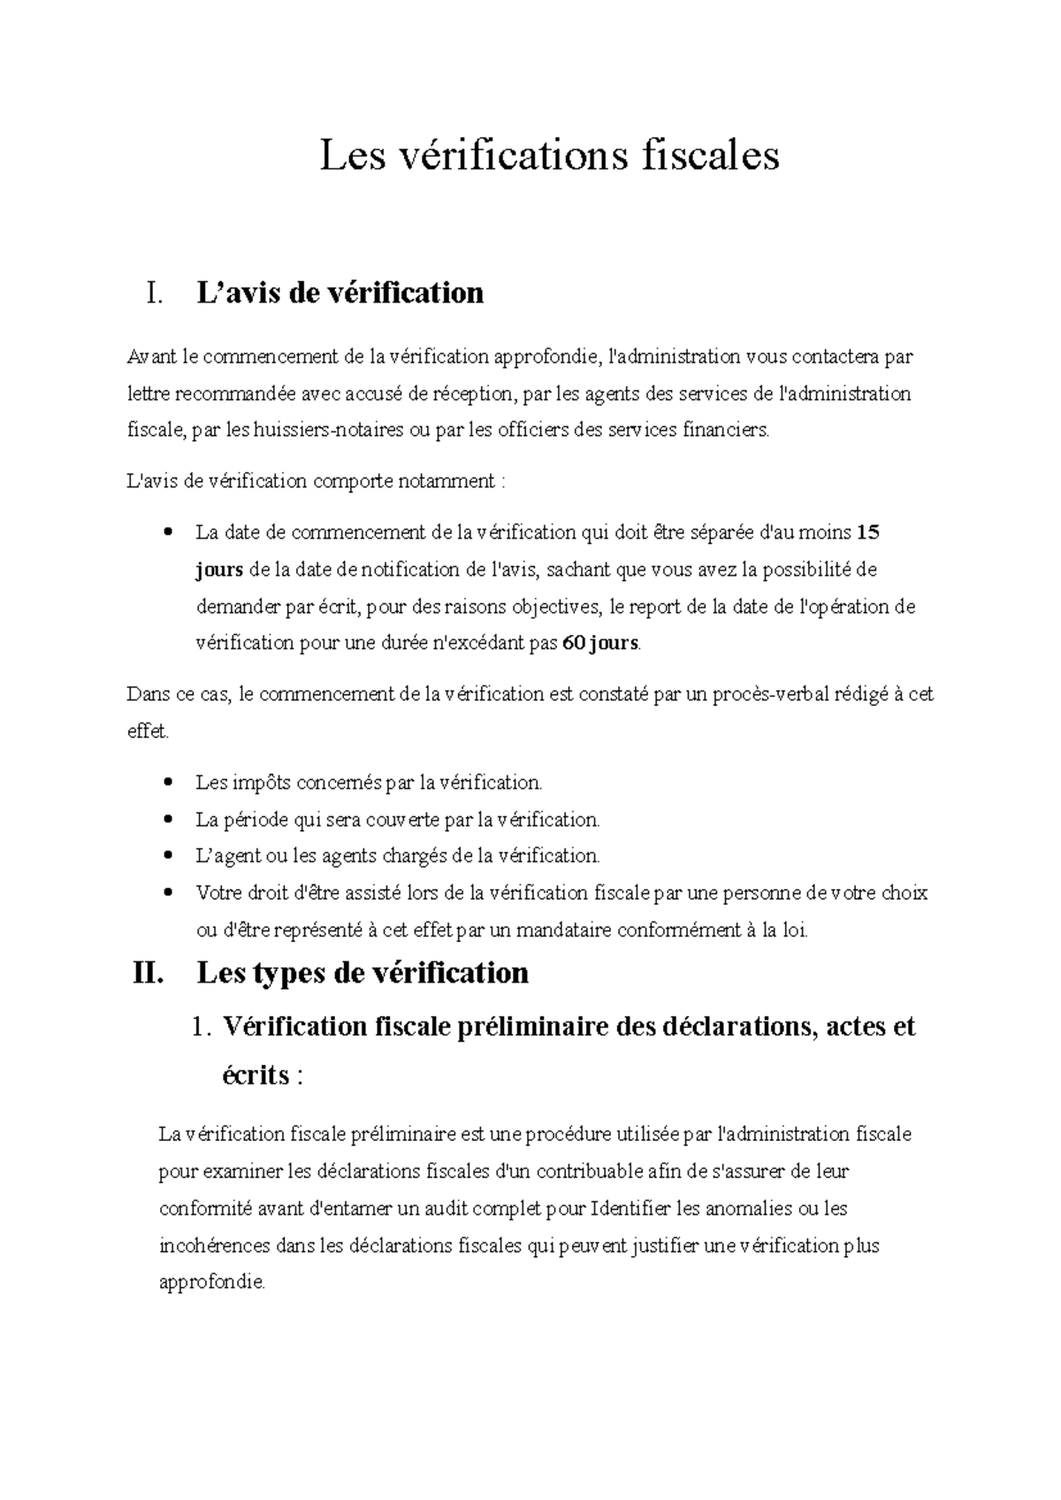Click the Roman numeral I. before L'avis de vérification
pos(154,293)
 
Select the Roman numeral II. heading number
pos(147,973)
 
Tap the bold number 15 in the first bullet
pos(868,532)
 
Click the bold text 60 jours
pos(599,643)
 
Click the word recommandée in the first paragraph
pos(229,394)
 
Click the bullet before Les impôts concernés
pos(167,784)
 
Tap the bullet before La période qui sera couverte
pos(167,820)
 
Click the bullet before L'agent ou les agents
pos(167,857)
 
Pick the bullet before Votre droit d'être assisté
pos(167,893)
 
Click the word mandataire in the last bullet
pos(562,930)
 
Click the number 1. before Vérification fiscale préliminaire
pos(202,1027)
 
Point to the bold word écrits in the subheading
pos(256,1075)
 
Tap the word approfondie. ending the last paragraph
pos(211,1282)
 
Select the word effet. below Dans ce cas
pos(147,732)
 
